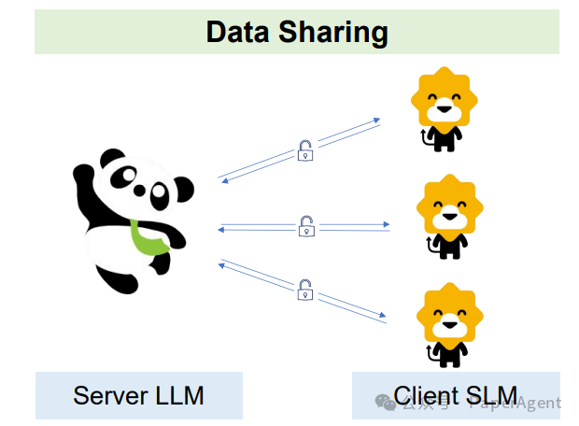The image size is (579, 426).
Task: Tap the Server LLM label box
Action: tap(138, 395)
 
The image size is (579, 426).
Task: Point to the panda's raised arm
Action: tap(85, 182)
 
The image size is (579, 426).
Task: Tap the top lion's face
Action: tap(445, 106)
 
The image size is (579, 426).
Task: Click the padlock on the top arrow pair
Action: tap(304, 150)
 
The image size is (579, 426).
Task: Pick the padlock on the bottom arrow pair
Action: tap(304, 290)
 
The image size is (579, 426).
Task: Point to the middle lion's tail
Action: tap(430, 246)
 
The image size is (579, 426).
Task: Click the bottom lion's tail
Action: tap(430, 353)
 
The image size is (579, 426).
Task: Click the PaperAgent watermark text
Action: tap(515, 403)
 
